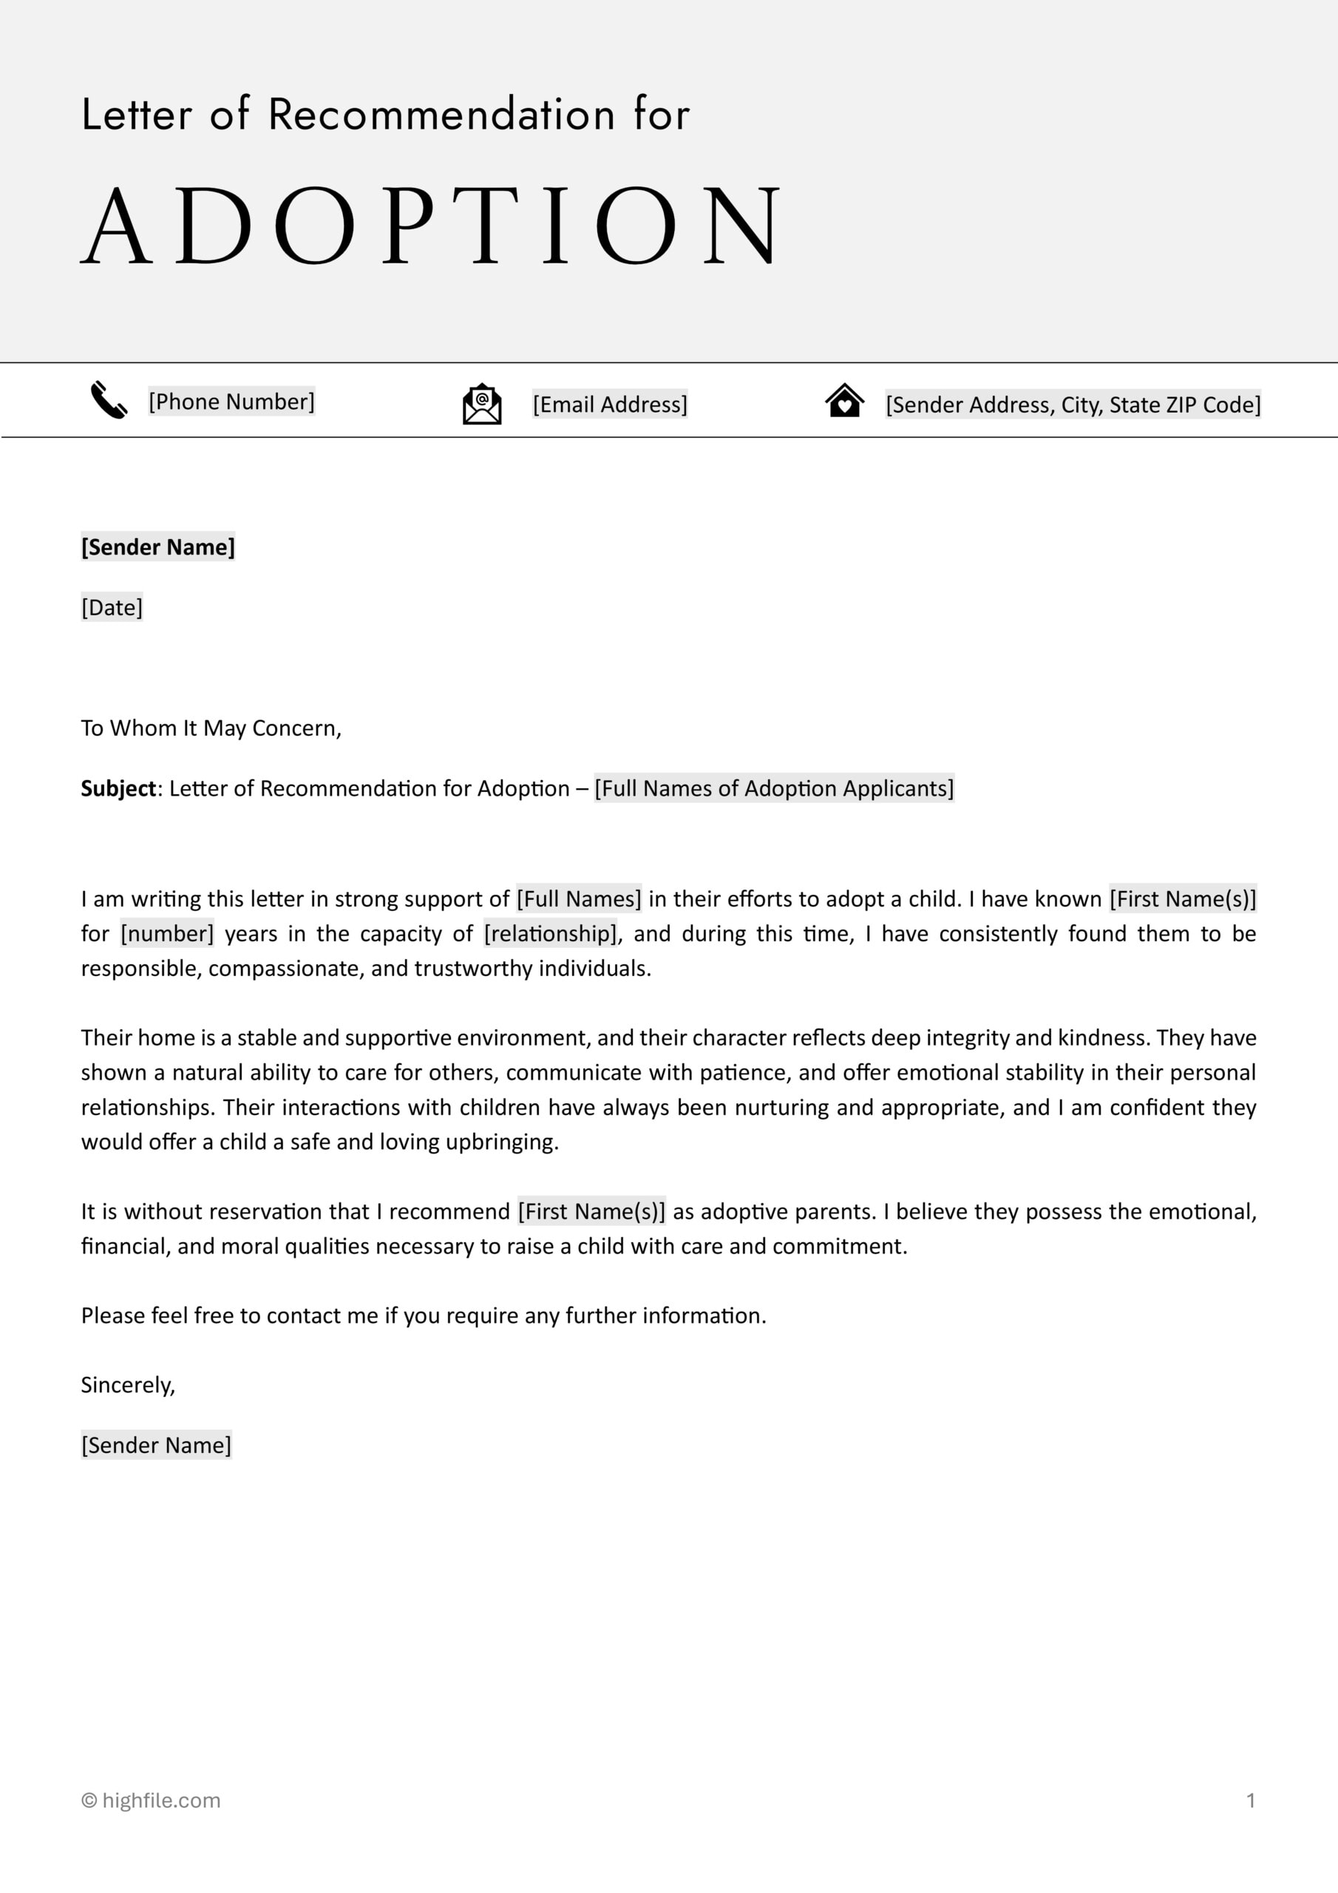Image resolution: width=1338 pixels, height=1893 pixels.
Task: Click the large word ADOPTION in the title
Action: click(x=430, y=225)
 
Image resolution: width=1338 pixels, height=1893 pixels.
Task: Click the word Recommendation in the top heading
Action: click(x=441, y=114)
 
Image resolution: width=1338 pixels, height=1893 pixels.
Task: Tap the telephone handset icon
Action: click(x=108, y=400)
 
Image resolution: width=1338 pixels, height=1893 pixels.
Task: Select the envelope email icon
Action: click(x=481, y=404)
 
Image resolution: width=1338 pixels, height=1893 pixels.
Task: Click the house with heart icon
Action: click(x=844, y=402)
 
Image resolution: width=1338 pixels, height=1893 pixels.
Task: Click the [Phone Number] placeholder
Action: click(x=231, y=402)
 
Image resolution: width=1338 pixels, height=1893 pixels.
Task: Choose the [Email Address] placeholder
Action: click(x=609, y=404)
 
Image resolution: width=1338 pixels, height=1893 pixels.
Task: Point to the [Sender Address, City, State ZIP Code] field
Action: click(x=1073, y=404)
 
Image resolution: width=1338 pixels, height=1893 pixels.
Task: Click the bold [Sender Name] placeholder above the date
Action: click(x=157, y=546)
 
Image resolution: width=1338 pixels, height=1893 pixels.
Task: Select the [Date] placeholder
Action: click(x=112, y=607)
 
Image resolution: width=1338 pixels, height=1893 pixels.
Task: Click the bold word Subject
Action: click(x=118, y=788)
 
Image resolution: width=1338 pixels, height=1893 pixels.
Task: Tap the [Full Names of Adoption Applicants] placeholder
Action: click(x=773, y=788)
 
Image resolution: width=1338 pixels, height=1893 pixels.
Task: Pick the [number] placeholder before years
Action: click(x=166, y=933)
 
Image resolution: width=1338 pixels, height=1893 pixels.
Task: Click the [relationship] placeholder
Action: click(x=550, y=933)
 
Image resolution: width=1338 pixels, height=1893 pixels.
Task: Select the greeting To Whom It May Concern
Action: click(x=210, y=728)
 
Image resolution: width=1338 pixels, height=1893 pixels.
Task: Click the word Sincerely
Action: click(x=128, y=1384)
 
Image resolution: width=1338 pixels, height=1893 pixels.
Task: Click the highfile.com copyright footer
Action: click(x=151, y=1800)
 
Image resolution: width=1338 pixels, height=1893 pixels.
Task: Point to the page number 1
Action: click(x=1250, y=1800)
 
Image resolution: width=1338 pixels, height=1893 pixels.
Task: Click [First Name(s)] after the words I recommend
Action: click(x=591, y=1211)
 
